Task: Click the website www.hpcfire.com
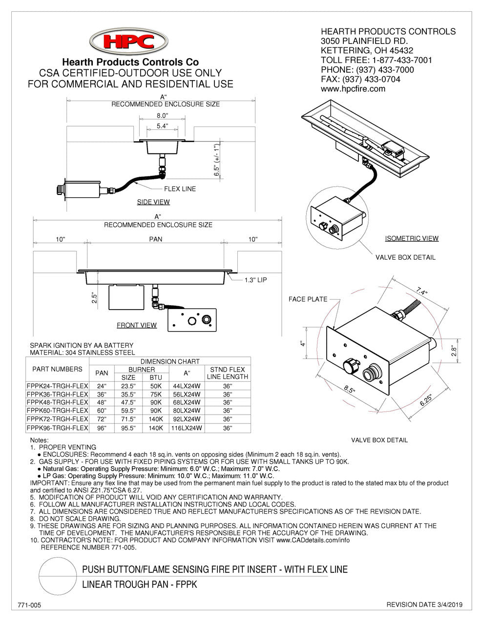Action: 353,89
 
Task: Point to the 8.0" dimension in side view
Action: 162,116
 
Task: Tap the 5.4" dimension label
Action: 162,126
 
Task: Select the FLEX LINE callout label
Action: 183,189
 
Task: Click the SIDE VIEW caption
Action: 153,202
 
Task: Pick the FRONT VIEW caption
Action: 137,325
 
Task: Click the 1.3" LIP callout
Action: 256,280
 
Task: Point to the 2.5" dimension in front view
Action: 95,298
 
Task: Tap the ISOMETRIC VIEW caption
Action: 412,238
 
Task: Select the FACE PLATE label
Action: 308,299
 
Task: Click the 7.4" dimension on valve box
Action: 421,292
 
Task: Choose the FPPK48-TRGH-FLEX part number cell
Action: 57,402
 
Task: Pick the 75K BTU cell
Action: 156,393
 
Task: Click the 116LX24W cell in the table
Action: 187,428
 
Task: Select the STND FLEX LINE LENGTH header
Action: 228,373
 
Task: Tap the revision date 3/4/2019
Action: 424,605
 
